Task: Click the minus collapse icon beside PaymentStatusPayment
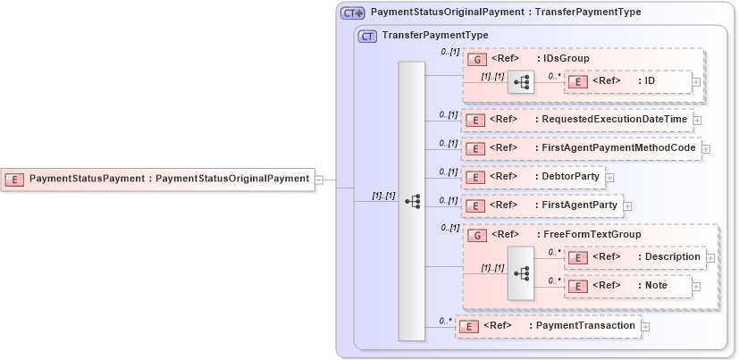coord(319,179)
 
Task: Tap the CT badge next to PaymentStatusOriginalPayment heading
coord(352,13)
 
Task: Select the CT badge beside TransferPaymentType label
coord(367,37)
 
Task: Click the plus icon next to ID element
coord(695,81)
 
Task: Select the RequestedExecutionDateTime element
coord(576,120)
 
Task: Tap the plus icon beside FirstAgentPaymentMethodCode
coord(705,149)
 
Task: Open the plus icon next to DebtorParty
coord(609,178)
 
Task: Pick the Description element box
coord(640,257)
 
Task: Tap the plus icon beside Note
coord(695,287)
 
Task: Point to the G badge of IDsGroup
coord(477,59)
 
